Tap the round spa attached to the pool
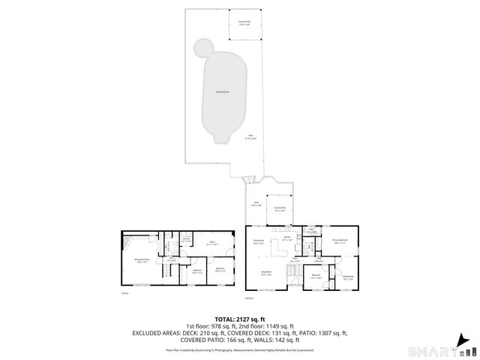pos(202,49)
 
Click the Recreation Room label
pos(142,259)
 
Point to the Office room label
pos(212,243)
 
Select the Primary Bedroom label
pos(340,241)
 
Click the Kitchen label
pos(286,238)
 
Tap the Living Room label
pos(266,273)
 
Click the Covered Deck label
pos(278,210)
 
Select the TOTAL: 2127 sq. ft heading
pos(239,318)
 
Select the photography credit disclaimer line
pos(239,349)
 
